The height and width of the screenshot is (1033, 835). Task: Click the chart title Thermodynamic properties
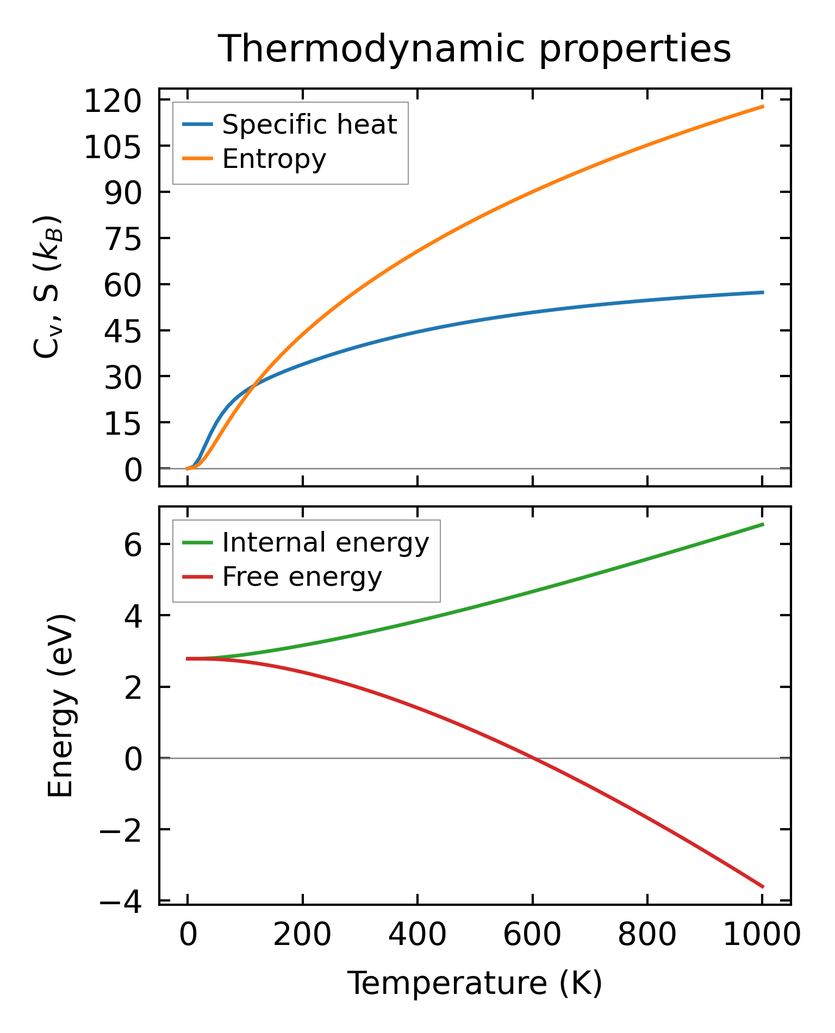click(474, 49)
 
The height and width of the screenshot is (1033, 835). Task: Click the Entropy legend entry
click(274, 159)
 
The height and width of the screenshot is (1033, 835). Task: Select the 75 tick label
click(122, 239)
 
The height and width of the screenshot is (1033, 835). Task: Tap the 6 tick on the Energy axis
click(133, 544)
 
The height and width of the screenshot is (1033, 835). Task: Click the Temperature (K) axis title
click(475, 984)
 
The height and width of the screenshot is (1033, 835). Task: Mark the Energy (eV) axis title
click(60, 705)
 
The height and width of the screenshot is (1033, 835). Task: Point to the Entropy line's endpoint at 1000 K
click(763, 107)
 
